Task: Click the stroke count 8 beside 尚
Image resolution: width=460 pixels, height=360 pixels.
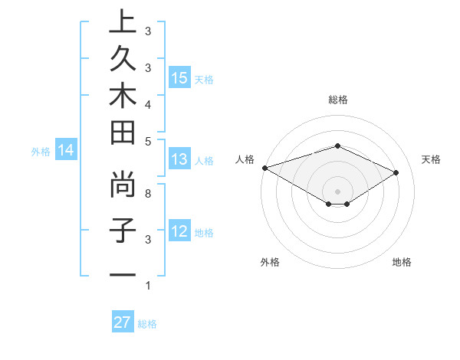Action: (x=147, y=194)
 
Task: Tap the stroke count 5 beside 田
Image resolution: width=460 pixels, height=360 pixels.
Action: (x=147, y=141)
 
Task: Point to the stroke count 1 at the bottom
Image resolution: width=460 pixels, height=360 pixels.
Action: (x=147, y=286)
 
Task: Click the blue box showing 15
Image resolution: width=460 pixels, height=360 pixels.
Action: (x=179, y=78)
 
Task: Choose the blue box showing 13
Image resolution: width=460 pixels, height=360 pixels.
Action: (x=179, y=160)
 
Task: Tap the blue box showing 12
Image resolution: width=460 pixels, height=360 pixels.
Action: (x=179, y=232)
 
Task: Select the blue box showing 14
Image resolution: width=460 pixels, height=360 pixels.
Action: (x=66, y=151)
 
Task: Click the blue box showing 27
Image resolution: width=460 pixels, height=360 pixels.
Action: (x=122, y=322)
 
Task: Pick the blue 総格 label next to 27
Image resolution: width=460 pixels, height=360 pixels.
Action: (x=147, y=324)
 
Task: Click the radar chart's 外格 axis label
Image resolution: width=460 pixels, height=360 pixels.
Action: (x=270, y=262)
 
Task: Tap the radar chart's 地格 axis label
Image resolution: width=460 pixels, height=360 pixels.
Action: (x=402, y=262)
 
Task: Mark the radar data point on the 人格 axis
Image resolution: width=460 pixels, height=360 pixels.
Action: (x=264, y=167)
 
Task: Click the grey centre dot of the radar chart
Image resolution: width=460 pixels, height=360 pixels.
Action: (x=337, y=191)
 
